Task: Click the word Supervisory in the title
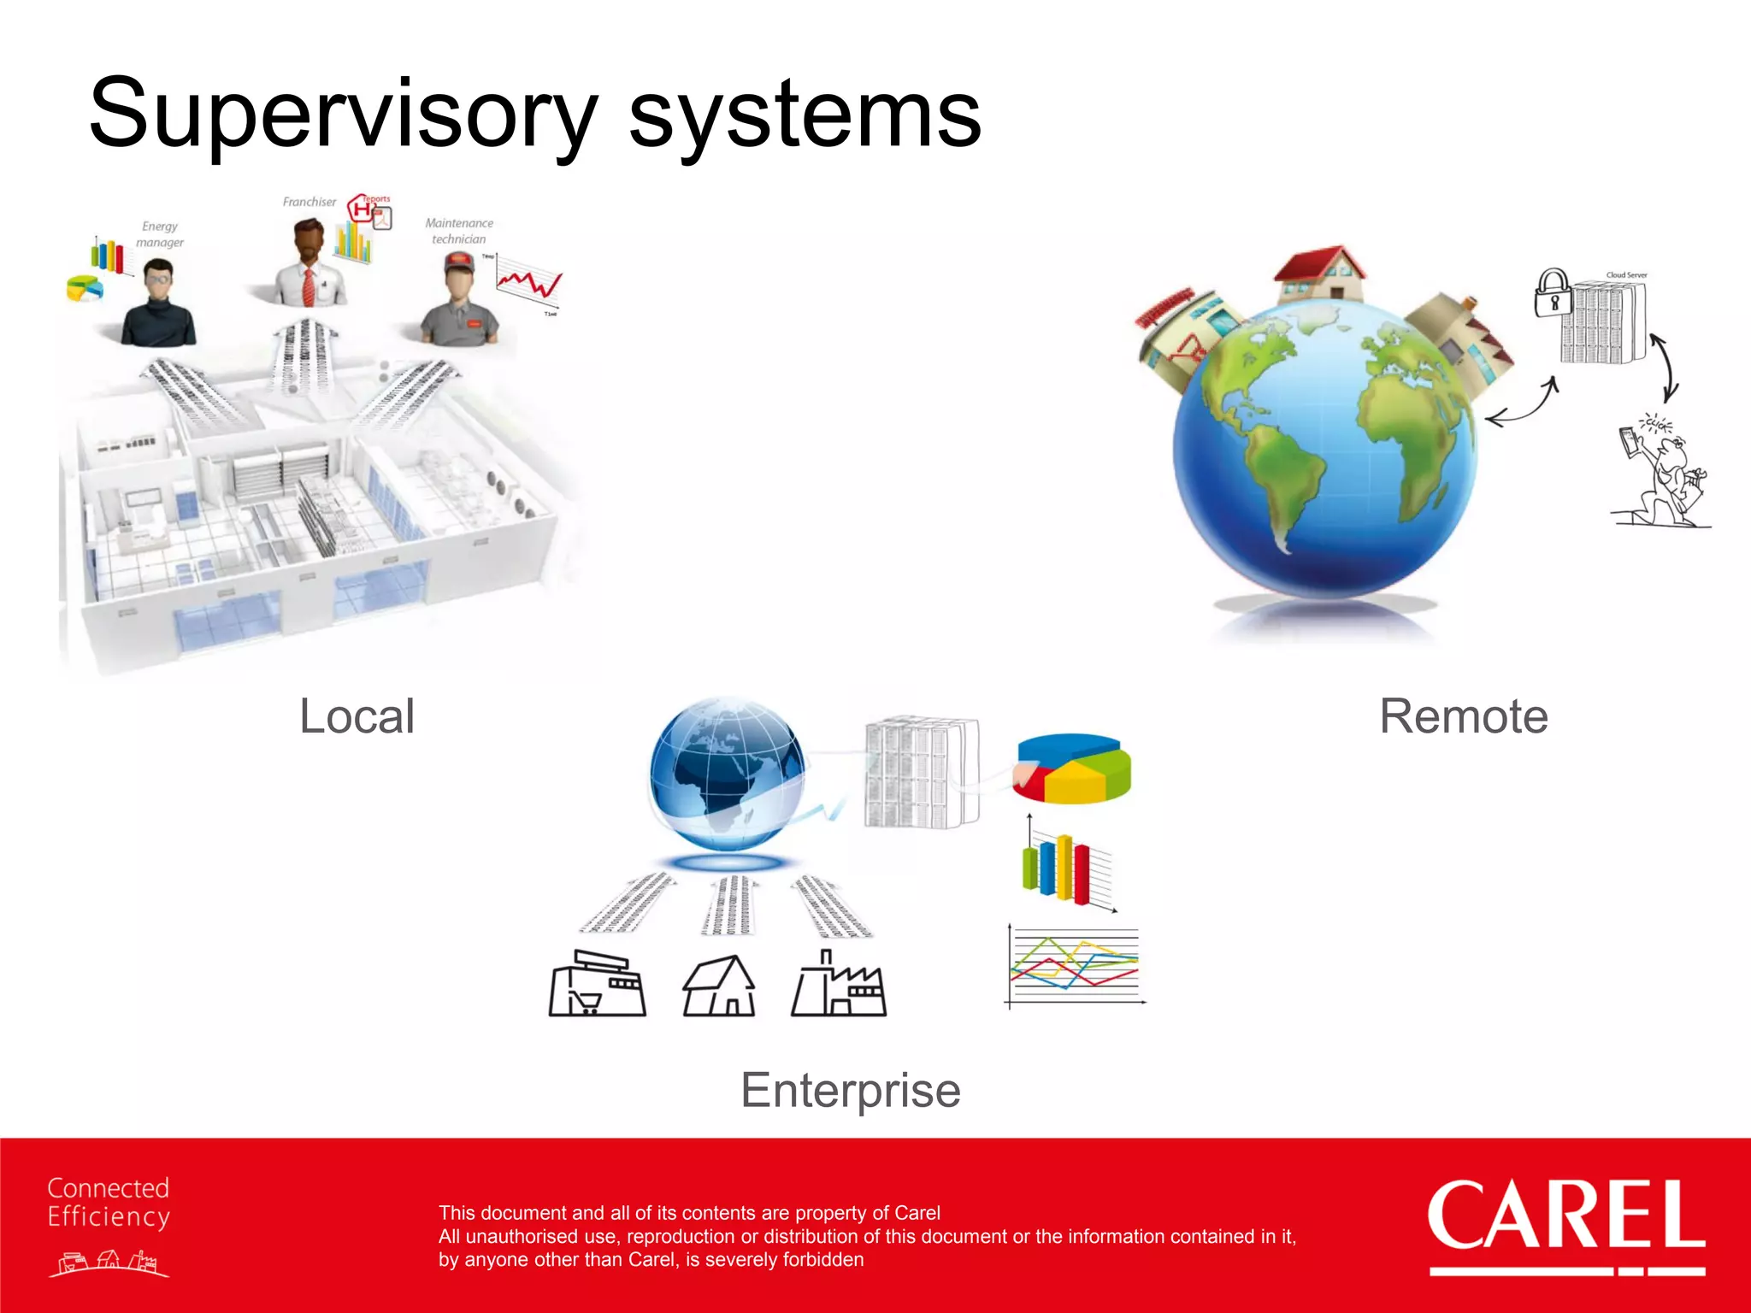[x=342, y=115]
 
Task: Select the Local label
[x=357, y=716]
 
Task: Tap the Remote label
[x=1463, y=716]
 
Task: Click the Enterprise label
[x=850, y=1091]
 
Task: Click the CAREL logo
[x=1565, y=1218]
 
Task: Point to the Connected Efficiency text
[x=109, y=1202]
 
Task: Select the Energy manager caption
[x=160, y=234]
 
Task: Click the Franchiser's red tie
[x=308, y=286]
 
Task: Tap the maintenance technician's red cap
[x=459, y=262]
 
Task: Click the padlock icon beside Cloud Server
[x=1553, y=293]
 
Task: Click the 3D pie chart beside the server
[x=1072, y=768]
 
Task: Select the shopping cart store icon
[x=597, y=985]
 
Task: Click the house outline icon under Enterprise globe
[x=719, y=986]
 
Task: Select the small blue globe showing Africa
[x=727, y=774]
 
